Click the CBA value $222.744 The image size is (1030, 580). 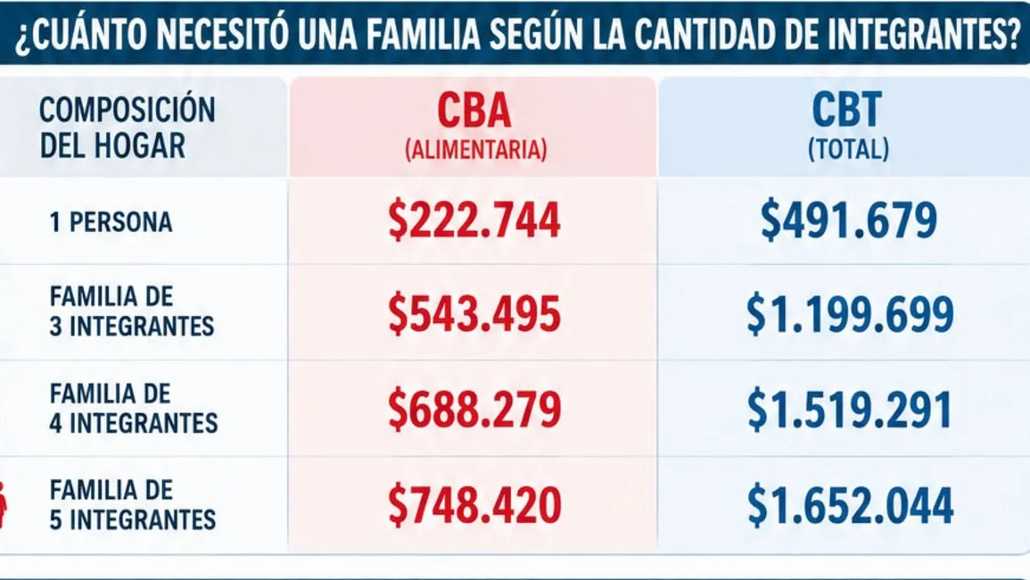[x=474, y=220]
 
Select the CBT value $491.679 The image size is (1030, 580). [x=848, y=220]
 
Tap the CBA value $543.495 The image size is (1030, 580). [x=474, y=314]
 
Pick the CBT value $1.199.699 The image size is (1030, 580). [x=849, y=314]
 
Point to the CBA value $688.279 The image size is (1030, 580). [x=474, y=409]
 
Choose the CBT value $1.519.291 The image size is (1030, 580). [x=849, y=409]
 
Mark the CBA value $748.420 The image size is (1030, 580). [x=474, y=505]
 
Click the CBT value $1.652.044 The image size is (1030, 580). [x=849, y=505]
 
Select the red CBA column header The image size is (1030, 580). [x=474, y=110]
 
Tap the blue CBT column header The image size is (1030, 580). [x=846, y=110]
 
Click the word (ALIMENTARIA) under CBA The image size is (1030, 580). [x=475, y=150]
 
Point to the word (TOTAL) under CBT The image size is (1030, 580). [x=848, y=149]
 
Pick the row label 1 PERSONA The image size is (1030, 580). [x=111, y=222]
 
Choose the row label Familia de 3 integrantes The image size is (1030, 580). [x=132, y=311]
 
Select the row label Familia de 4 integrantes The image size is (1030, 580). [x=134, y=409]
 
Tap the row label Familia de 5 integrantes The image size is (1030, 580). [x=133, y=504]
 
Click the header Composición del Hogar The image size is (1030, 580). [x=128, y=128]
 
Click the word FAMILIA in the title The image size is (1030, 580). [x=424, y=34]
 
